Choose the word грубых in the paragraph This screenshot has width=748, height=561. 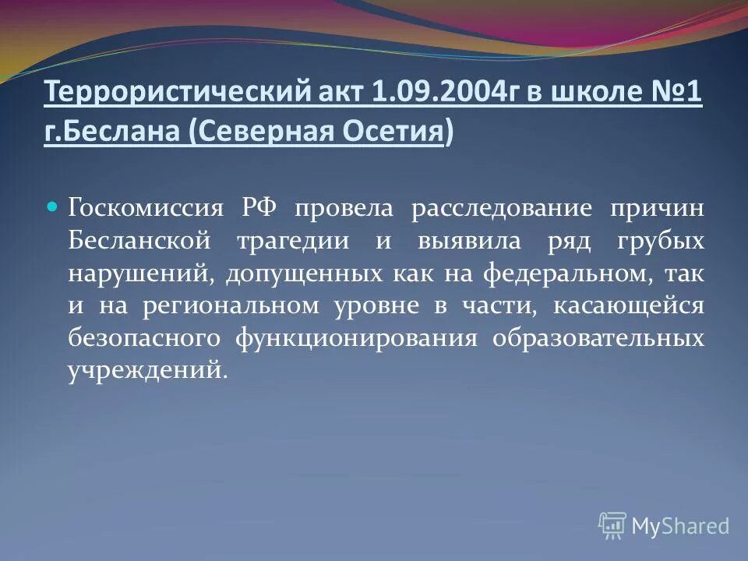[661, 240]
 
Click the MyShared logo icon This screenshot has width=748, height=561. [612, 524]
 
